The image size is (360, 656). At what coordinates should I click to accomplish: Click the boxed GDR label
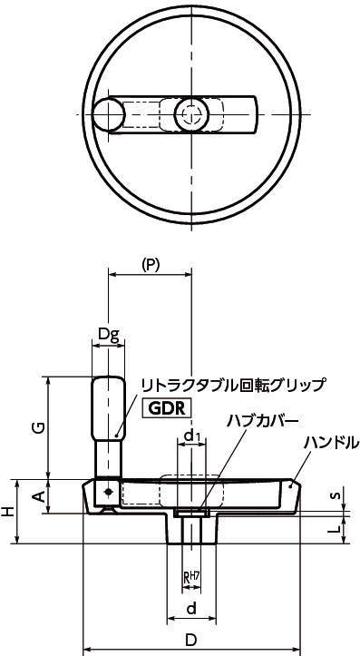[167, 408]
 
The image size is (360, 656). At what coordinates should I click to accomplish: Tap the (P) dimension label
[151, 265]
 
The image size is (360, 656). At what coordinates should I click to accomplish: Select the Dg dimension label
[109, 334]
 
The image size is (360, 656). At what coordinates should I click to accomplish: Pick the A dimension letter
[39, 496]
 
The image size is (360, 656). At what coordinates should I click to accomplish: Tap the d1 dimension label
[192, 436]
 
